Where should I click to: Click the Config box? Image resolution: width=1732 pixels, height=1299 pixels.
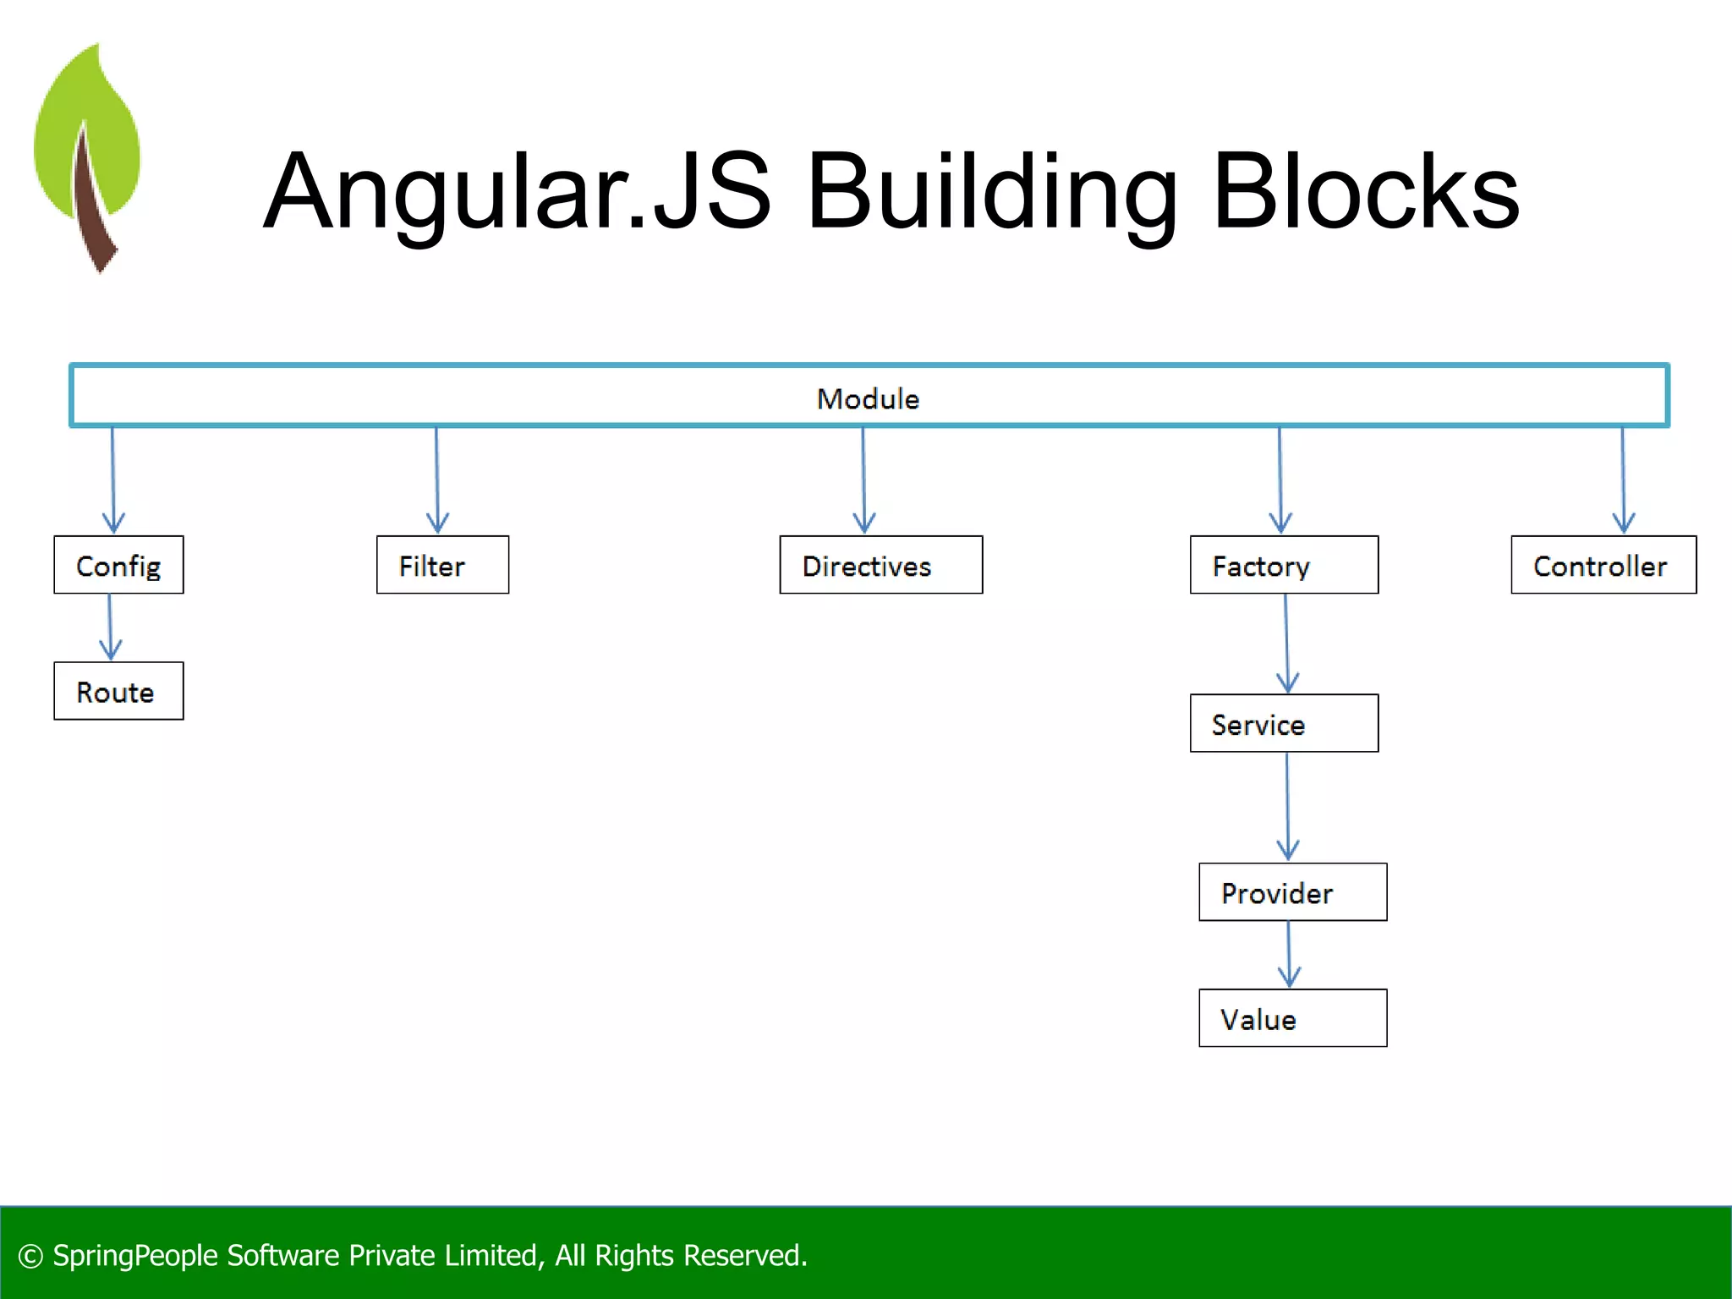(x=118, y=565)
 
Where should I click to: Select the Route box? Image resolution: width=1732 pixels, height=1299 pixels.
(x=118, y=691)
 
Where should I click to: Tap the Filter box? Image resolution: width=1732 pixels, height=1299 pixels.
(x=442, y=565)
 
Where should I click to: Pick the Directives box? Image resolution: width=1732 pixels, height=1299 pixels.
(x=880, y=565)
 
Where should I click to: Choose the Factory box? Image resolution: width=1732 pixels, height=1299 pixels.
(x=1283, y=565)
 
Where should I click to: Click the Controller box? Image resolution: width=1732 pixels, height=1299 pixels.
(x=1603, y=565)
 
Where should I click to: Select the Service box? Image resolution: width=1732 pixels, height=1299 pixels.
(x=1283, y=723)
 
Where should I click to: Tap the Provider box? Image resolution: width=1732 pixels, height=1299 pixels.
(x=1292, y=892)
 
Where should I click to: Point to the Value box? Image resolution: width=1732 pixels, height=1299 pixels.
(x=1292, y=1018)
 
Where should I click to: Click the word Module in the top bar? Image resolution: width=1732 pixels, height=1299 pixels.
(x=868, y=398)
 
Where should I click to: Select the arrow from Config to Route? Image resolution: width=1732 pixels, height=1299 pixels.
(x=110, y=628)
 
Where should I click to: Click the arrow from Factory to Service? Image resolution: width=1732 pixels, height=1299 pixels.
(x=1286, y=643)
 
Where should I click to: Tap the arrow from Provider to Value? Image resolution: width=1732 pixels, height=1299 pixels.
(x=1289, y=954)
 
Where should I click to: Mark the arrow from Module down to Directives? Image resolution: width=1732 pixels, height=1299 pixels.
(x=863, y=480)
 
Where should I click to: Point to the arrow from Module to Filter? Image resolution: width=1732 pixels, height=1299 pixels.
(x=437, y=480)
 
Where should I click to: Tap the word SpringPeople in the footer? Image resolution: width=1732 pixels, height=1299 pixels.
(x=135, y=1256)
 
